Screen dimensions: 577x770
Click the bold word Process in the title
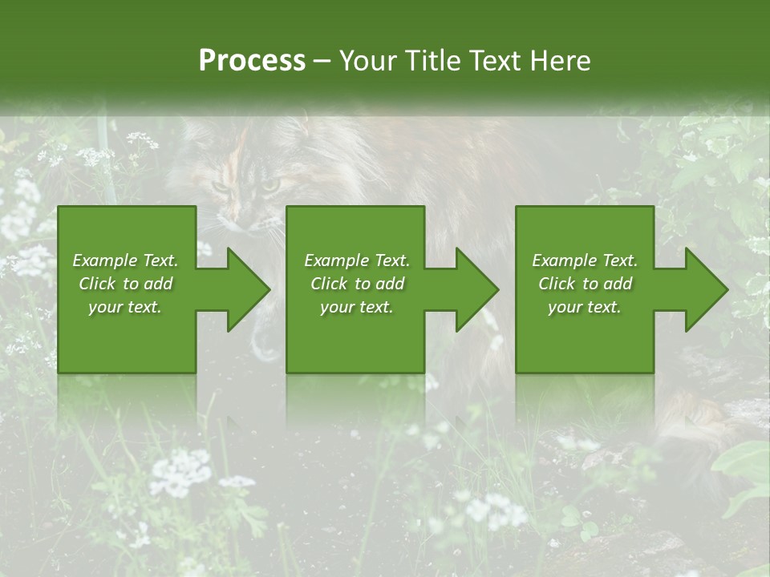click(x=252, y=61)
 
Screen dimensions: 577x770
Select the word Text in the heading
click(x=495, y=61)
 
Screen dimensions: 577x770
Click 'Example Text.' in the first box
click(x=125, y=260)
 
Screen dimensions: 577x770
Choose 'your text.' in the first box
click(x=125, y=307)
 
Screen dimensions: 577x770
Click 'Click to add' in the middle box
click(x=357, y=284)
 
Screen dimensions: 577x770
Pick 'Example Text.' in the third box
click(x=585, y=260)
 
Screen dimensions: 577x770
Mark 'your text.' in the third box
click(x=585, y=307)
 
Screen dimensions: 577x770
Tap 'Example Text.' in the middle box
click(x=357, y=260)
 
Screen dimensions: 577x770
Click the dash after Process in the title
click(x=322, y=61)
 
